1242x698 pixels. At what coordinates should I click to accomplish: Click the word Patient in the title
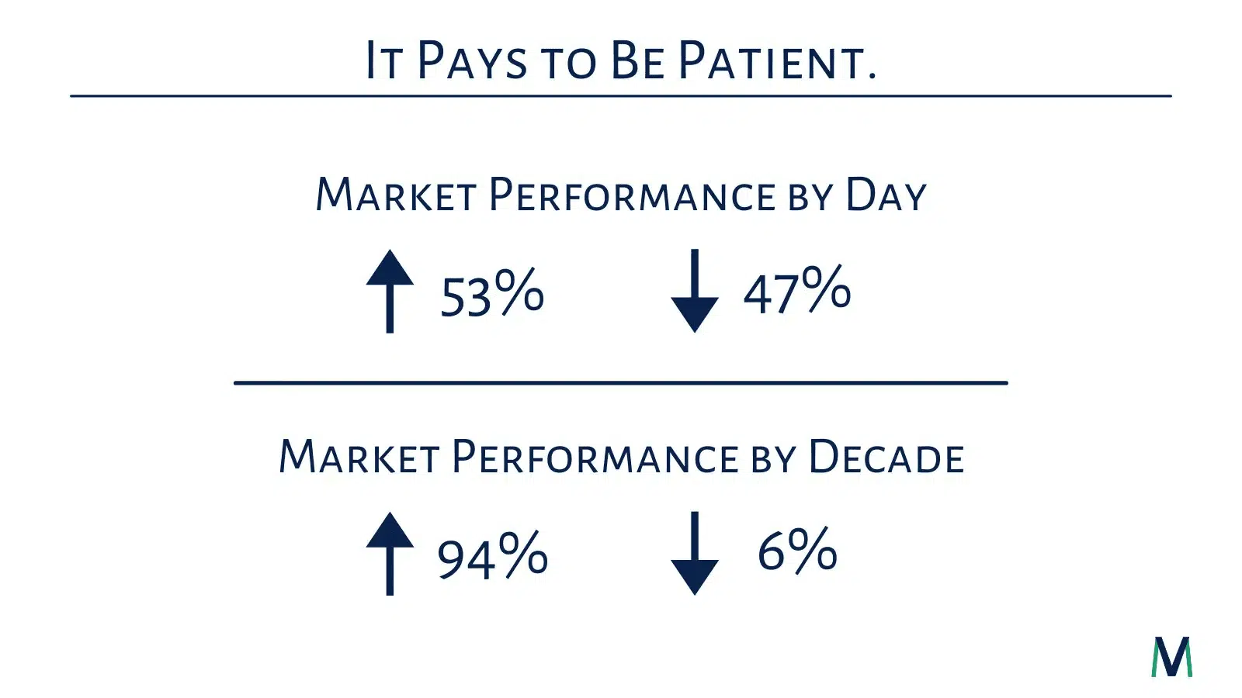click(x=777, y=60)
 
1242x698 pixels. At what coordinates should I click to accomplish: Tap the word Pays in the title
click(x=472, y=60)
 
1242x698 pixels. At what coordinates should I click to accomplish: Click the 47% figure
click(x=796, y=289)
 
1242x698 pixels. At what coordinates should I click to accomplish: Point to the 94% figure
click(x=492, y=555)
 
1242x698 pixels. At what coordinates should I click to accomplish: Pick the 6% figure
click(x=797, y=550)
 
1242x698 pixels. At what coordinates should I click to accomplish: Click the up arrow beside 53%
click(x=390, y=292)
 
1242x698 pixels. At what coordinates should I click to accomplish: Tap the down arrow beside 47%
click(x=695, y=291)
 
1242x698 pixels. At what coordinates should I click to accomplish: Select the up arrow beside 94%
click(x=390, y=554)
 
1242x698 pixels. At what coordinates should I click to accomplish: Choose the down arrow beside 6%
click(x=695, y=554)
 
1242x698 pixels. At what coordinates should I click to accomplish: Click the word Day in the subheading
click(x=886, y=195)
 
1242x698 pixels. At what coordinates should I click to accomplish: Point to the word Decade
click(x=886, y=457)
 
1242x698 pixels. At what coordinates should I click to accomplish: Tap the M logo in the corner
click(x=1171, y=656)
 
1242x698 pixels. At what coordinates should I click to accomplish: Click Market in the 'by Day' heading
click(x=396, y=195)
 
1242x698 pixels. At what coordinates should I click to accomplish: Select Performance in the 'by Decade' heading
click(x=595, y=457)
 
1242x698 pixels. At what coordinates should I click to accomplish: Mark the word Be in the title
click(x=637, y=60)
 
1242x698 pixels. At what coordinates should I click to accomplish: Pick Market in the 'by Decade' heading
click(x=359, y=457)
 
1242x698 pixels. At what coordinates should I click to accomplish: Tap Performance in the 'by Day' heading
click(x=633, y=195)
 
